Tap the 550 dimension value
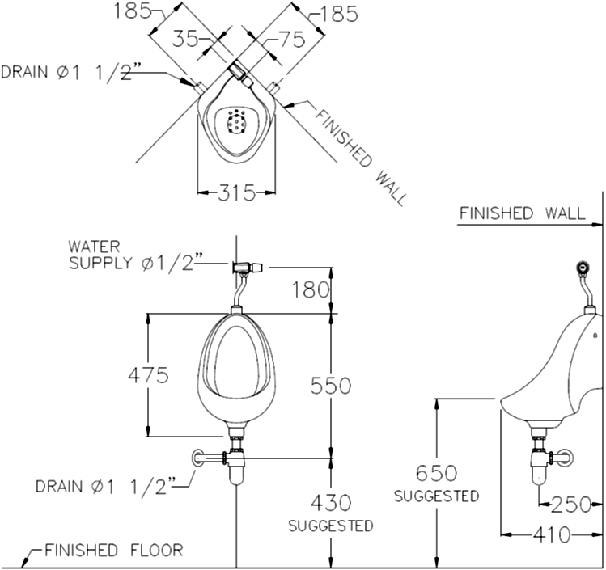331,386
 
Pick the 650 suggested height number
436,473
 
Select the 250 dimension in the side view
573,505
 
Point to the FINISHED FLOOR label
112,551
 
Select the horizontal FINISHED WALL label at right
521,213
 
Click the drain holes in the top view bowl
236,121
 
